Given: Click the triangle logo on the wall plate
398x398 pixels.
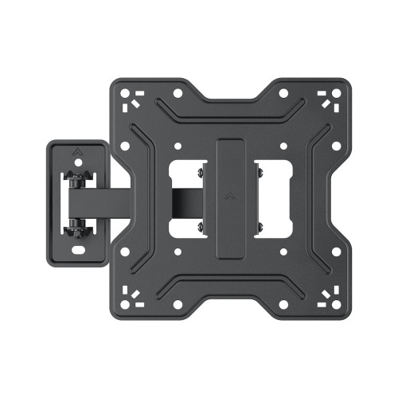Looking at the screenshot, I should (x=78, y=148).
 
